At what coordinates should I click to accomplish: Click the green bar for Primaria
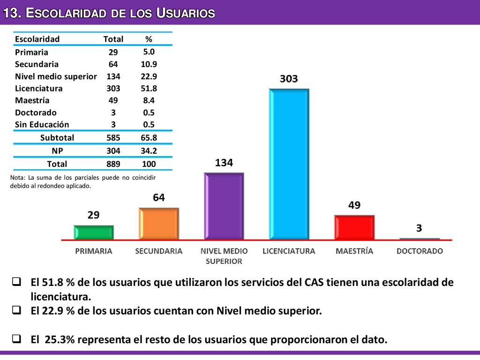tap(94, 232)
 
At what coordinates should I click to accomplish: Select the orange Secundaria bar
tap(159, 224)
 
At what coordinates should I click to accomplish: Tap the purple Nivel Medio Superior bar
tap(224, 206)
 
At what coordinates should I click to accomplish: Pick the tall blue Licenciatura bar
tap(289, 164)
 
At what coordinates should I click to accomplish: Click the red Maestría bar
tap(354, 227)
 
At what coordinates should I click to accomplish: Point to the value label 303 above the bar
tap(289, 79)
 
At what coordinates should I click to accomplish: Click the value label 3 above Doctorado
tap(419, 228)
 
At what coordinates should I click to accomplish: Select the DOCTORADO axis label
tap(420, 251)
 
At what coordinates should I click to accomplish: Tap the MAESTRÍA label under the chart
tap(354, 251)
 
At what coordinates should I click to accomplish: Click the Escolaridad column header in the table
tap(37, 39)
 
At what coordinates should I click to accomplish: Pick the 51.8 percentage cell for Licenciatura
tap(149, 89)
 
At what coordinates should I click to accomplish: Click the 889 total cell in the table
tap(113, 164)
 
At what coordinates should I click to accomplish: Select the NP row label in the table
tap(57, 151)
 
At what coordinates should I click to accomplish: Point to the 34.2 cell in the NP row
tap(149, 151)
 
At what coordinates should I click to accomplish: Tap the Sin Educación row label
tap(42, 125)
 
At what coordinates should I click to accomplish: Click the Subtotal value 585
tap(113, 138)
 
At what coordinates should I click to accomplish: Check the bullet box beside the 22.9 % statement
tap(16, 310)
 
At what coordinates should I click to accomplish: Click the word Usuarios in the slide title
tap(186, 13)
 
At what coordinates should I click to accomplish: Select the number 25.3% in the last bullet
tap(60, 339)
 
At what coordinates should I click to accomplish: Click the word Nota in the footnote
tap(17, 178)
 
